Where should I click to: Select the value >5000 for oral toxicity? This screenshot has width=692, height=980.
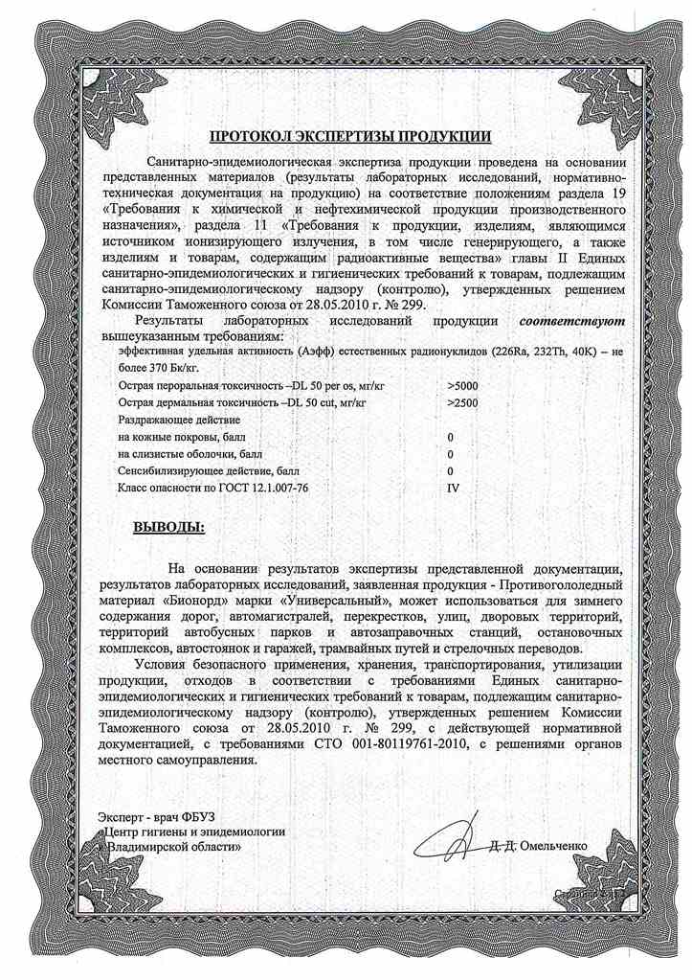(x=462, y=384)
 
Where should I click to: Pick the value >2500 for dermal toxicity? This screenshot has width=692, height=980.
(x=462, y=402)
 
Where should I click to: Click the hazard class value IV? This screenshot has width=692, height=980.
(x=454, y=489)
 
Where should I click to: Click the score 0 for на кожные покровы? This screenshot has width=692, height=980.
(x=450, y=437)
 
